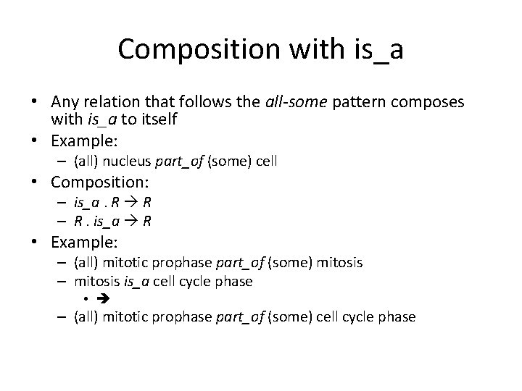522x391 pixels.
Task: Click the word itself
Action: pyautogui.click(x=157, y=118)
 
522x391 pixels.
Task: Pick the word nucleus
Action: pyautogui.click(x=128, y=161)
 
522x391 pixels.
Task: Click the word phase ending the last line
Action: pyautogui.click(x=399, y=316)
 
